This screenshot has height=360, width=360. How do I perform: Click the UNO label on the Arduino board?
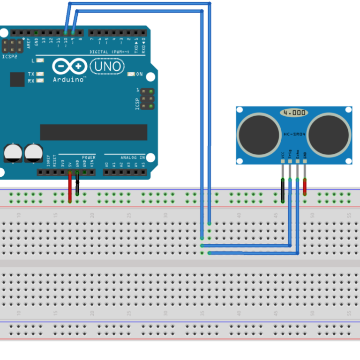click(x=107, y=67)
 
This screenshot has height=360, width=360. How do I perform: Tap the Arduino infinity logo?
click(x=69, y=67)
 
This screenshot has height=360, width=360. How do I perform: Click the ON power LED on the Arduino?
click(x=131, y=74)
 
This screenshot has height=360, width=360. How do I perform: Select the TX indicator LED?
click(x=40, y=74)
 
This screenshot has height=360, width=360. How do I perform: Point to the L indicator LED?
click(x=40, y=61)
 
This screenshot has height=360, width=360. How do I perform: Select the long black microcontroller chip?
click(x=93, y=132)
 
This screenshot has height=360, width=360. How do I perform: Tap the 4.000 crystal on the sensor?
click(x=294, y=113)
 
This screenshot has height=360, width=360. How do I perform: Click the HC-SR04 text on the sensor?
click(x=294, y=135)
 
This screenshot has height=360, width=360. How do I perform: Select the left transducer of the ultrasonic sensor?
click(x=259, y=135)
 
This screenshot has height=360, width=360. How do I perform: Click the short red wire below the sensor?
click(x=305, y=187)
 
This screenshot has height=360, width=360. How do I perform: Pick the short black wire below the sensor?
click(x=283, y=190)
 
